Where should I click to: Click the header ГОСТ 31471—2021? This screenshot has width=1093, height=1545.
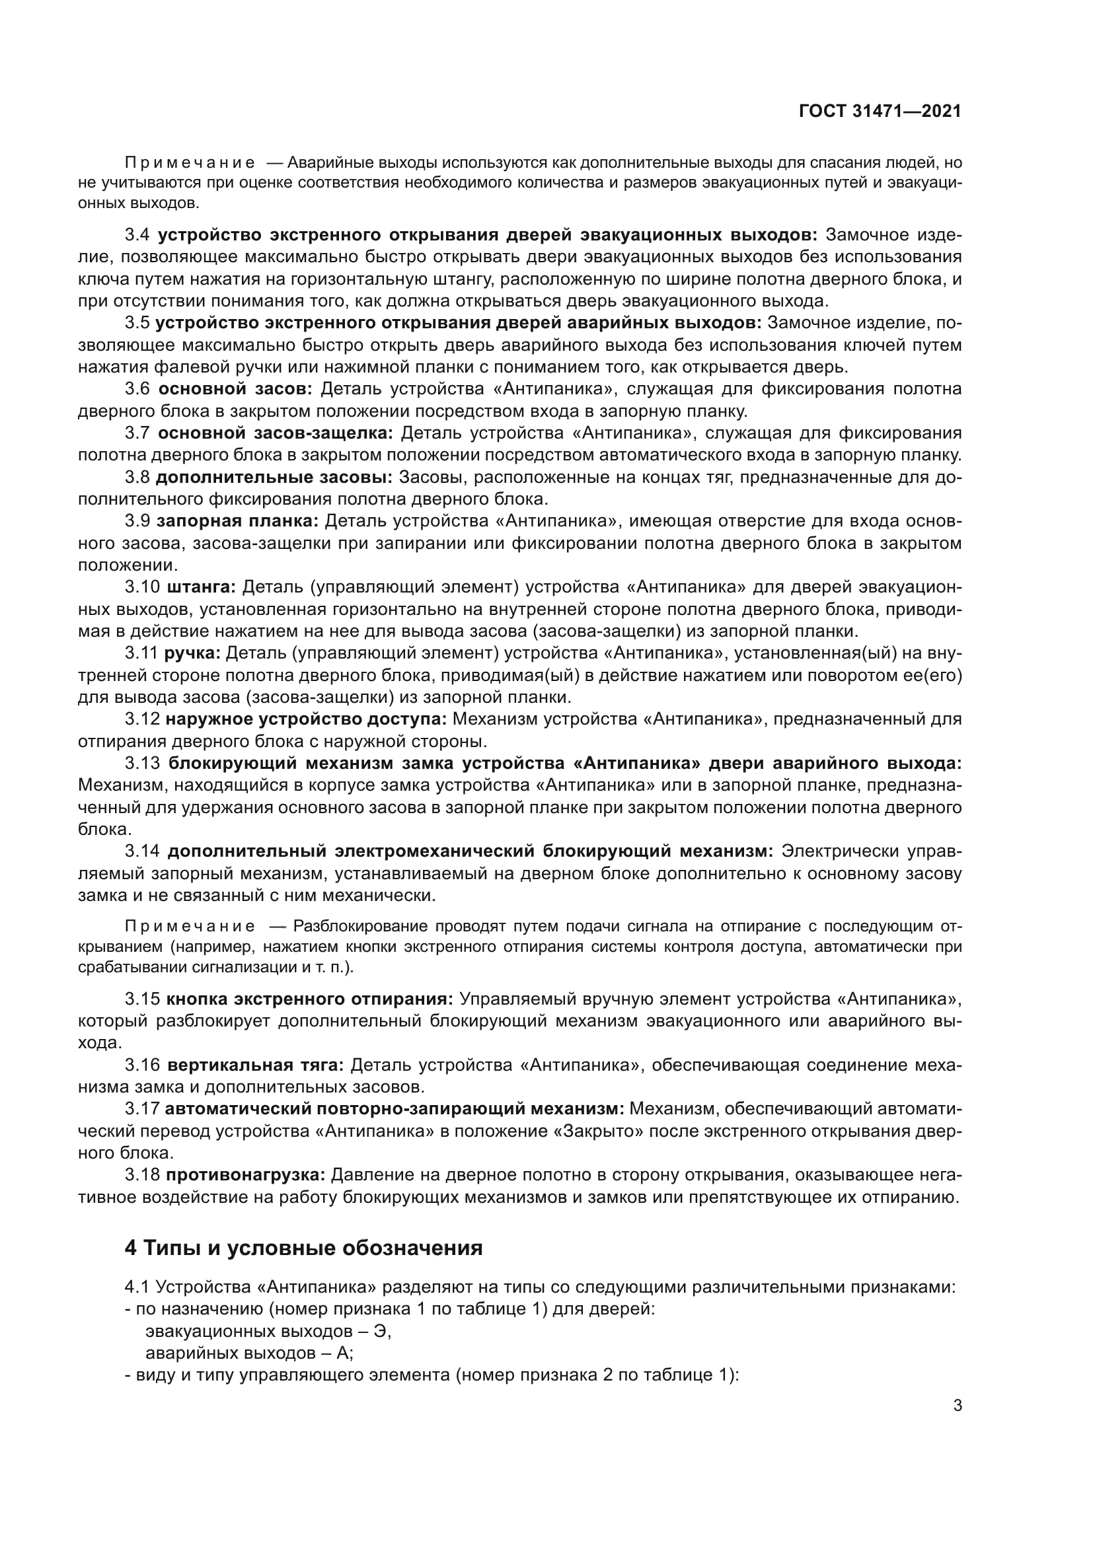[880, 112]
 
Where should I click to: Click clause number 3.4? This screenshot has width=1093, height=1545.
[138, 235]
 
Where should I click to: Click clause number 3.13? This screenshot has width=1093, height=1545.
[142, 763]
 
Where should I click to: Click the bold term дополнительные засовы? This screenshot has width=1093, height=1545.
[274, 477]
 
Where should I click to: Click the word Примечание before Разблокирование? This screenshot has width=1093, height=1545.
[190, 927]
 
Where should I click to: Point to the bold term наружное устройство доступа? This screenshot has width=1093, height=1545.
[306, 719]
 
